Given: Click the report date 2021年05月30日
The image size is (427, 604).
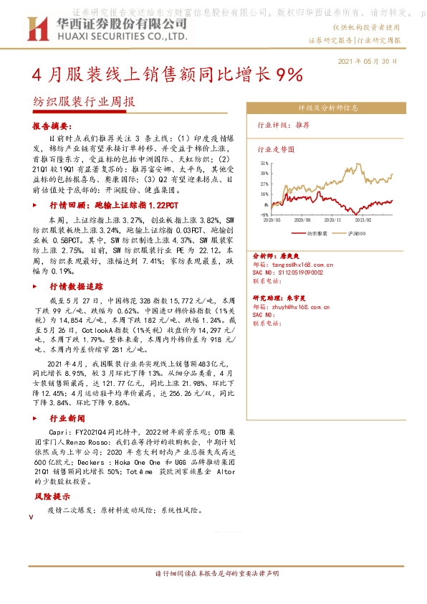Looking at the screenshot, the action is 367,62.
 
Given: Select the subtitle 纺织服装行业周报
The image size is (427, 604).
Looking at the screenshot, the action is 83,102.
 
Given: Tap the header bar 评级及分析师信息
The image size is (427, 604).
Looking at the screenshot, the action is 328,108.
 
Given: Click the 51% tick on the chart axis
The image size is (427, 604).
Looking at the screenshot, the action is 264,164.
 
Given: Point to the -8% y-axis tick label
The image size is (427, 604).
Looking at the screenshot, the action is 264,214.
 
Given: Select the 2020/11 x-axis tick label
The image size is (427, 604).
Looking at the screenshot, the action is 335,220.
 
